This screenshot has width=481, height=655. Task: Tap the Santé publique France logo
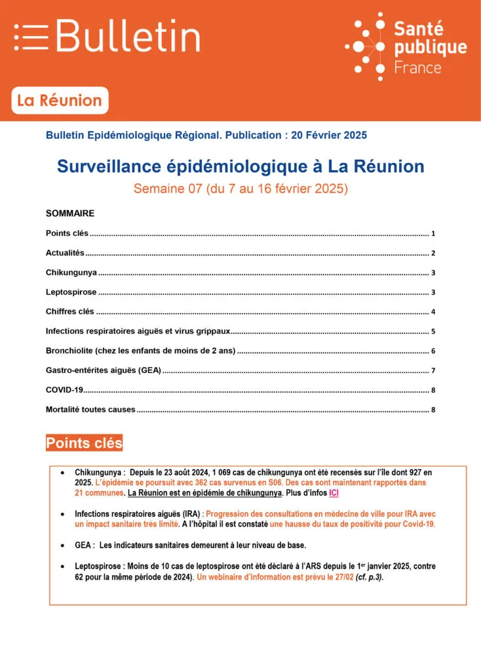pos(406,46)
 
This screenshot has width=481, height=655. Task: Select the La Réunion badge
pos(60,101)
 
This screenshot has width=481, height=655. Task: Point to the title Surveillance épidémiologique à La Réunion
pos(240,166)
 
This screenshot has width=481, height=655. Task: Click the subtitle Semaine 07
pos(240,189)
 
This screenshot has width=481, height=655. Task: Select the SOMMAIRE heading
pos(70,214)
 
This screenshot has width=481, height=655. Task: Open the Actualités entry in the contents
pos(66,253)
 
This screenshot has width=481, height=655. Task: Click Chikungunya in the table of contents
pos(71,272)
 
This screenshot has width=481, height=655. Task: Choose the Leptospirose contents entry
pos(71,292)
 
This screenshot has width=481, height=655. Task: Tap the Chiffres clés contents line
pos(70,312)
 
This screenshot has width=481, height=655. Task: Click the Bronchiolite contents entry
pos(140,351)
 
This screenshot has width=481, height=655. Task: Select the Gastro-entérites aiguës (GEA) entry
pos(103,371)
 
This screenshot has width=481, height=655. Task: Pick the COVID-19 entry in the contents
pos(64,390)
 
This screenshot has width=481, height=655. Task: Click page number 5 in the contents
pos(433,332)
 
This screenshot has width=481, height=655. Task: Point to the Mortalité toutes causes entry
pos(90,410)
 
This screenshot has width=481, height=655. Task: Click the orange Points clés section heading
pos(84,443)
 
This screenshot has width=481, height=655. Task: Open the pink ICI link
pos(334,492)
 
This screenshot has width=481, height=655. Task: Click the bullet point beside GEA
pos(62,545)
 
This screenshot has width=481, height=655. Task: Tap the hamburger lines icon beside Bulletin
pos(31,37)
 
